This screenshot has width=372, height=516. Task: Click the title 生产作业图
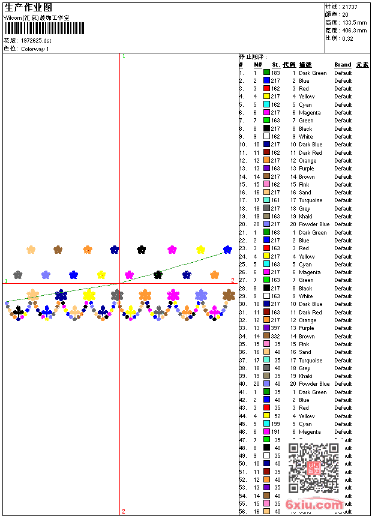28,7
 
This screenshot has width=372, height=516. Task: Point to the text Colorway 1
35,49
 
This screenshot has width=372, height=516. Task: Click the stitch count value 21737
350,7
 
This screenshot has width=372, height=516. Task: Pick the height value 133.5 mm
354,22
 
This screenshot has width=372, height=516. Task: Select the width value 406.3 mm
354,30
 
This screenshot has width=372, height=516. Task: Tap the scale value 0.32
347,38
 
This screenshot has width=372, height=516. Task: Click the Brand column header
343,65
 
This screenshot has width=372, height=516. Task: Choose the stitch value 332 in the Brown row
275,337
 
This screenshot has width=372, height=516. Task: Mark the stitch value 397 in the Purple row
275,328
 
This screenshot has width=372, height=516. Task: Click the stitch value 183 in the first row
275,73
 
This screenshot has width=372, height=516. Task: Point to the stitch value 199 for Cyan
275,424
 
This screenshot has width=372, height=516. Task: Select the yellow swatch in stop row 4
266,97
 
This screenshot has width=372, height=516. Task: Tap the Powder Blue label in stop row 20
314,224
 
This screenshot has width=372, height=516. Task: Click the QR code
313,467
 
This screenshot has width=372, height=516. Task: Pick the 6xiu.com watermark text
315,505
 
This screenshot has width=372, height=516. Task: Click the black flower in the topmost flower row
141,249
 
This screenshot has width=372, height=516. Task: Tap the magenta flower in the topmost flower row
172,249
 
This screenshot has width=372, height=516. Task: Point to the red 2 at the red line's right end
233,280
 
